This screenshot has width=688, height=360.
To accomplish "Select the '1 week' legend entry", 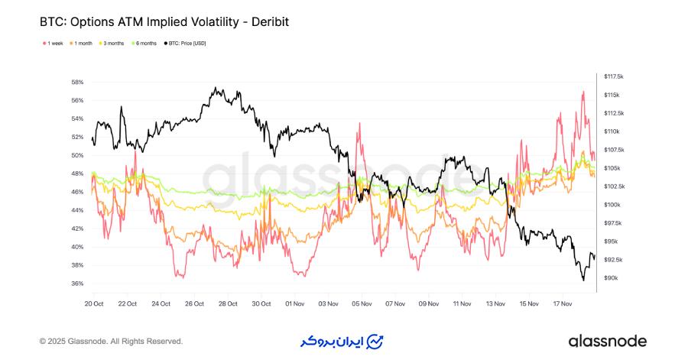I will pos(54,44).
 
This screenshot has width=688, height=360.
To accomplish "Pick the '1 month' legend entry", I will pos(82,44).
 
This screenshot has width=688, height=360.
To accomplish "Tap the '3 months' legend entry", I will pos(113,44).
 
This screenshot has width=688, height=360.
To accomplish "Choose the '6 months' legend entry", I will pos(145,44).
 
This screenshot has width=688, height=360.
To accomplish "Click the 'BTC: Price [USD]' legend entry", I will pos(186,44).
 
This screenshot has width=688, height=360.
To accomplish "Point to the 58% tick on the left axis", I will pos(77,82).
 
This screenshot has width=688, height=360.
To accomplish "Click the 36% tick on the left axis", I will pos(77,284).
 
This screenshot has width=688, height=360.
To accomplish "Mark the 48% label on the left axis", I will pos(77,174).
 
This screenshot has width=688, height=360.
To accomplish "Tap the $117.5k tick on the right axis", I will pos(614,76).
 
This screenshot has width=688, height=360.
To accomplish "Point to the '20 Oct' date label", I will pos(94,303).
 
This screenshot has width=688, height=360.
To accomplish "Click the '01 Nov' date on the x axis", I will pos(294,303).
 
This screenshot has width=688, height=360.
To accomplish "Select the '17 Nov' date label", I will pos(562,303).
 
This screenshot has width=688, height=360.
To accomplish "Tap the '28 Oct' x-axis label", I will pos(228,303).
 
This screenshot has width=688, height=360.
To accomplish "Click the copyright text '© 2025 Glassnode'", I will pos(111,341).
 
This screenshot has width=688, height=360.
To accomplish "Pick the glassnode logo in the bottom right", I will pos(607,341).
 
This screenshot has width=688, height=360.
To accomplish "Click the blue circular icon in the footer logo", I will pos(375,341).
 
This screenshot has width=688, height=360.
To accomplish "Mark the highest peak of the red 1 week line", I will pos(583,92).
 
